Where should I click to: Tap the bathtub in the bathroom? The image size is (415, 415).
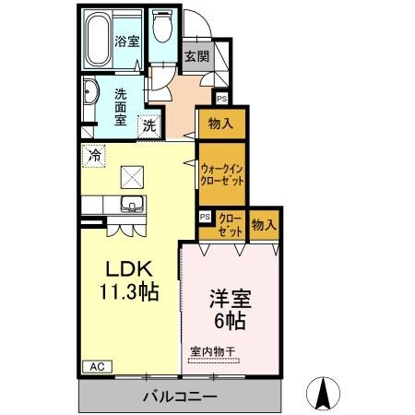[99, 39]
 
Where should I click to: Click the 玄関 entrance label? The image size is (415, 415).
[196, 56]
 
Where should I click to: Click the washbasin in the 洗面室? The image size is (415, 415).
[90, 93]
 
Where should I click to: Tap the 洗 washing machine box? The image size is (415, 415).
[148, 125]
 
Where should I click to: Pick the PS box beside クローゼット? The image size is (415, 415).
[206, 217]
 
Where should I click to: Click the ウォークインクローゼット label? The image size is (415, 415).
[221, 174]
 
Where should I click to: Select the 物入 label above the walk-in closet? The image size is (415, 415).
[220, 123]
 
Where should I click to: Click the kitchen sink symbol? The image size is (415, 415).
[132, 205]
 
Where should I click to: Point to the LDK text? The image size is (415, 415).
[127, 269]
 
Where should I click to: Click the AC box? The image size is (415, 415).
[97, 366]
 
